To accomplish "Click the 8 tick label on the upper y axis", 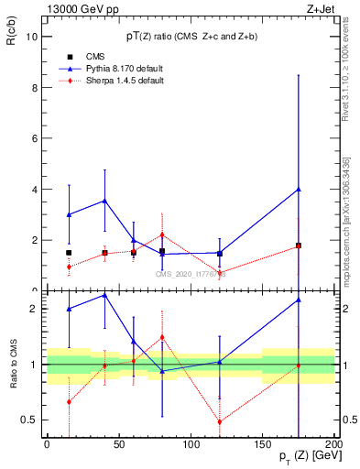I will pos(34,88).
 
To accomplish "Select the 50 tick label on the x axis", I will pos(119,444).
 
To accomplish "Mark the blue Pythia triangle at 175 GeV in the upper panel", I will pos(299,190).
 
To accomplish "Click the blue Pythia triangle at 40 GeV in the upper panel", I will pos(104,201).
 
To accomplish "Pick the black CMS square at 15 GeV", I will pos(69,253).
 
